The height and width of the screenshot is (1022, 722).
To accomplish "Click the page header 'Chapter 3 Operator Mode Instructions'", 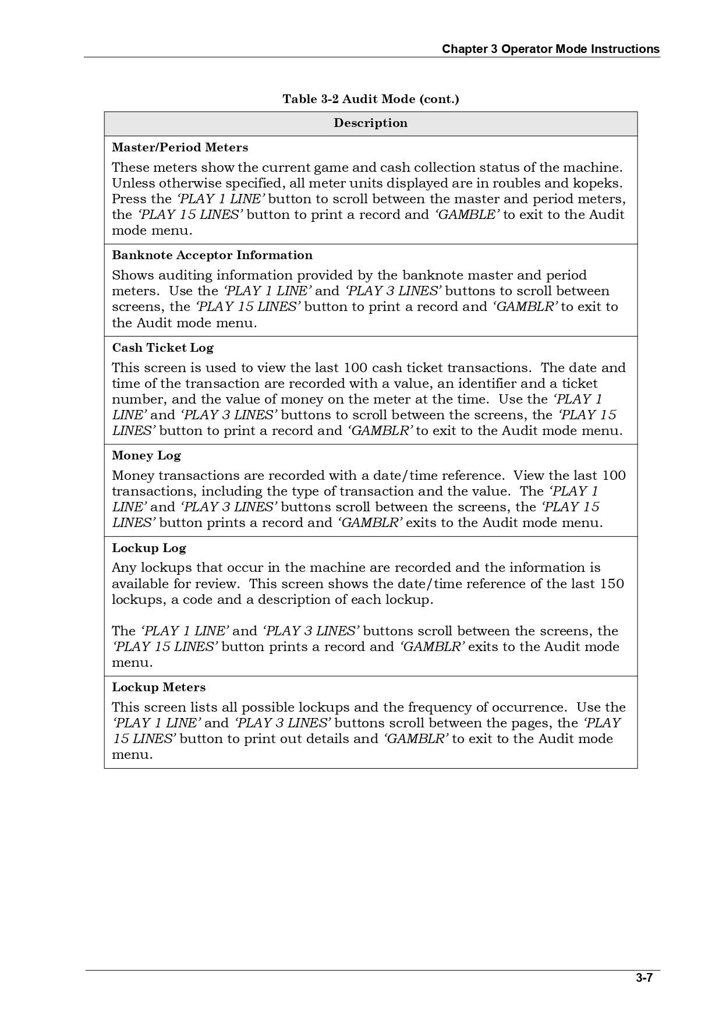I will pyautogui.click(x=550, y=49).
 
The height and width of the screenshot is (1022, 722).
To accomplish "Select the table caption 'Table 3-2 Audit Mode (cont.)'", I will pyautogui.click(x=371, y=99).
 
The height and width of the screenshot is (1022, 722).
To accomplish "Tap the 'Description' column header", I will pyautogui.click(x=371, y=123).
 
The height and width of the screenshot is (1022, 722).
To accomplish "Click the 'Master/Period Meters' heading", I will pyautogui.click(x=180, y=147).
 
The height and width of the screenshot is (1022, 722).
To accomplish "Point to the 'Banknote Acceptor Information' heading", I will pyautogui.click(x=212, y=255).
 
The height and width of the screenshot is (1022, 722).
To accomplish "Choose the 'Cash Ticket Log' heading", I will pyautogui.click(x=162, y=348).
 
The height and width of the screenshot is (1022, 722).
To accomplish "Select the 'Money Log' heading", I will pyautogui.click(x=146, y=455).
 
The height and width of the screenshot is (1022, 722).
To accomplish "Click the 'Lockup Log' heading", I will pyautogui.click(x=149, y=548).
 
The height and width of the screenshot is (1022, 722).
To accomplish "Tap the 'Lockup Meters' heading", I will pyautogui.click(x=159, y=687).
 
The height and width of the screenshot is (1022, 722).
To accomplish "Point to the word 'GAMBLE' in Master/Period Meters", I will pyautogui.click(x=467, y=215).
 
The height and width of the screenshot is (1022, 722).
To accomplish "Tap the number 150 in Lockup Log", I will pyautogui.click(x=611, y=584).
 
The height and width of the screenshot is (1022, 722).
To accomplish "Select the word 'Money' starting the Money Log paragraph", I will pyautogui.click(x=133, y=476).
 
